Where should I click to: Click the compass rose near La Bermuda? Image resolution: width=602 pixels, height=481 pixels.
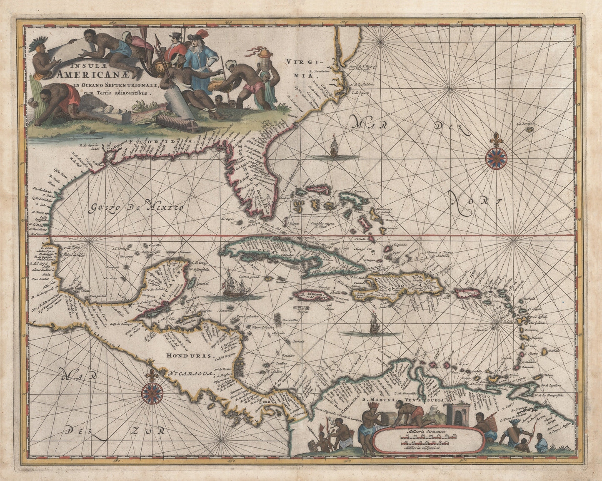(496, 156)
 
